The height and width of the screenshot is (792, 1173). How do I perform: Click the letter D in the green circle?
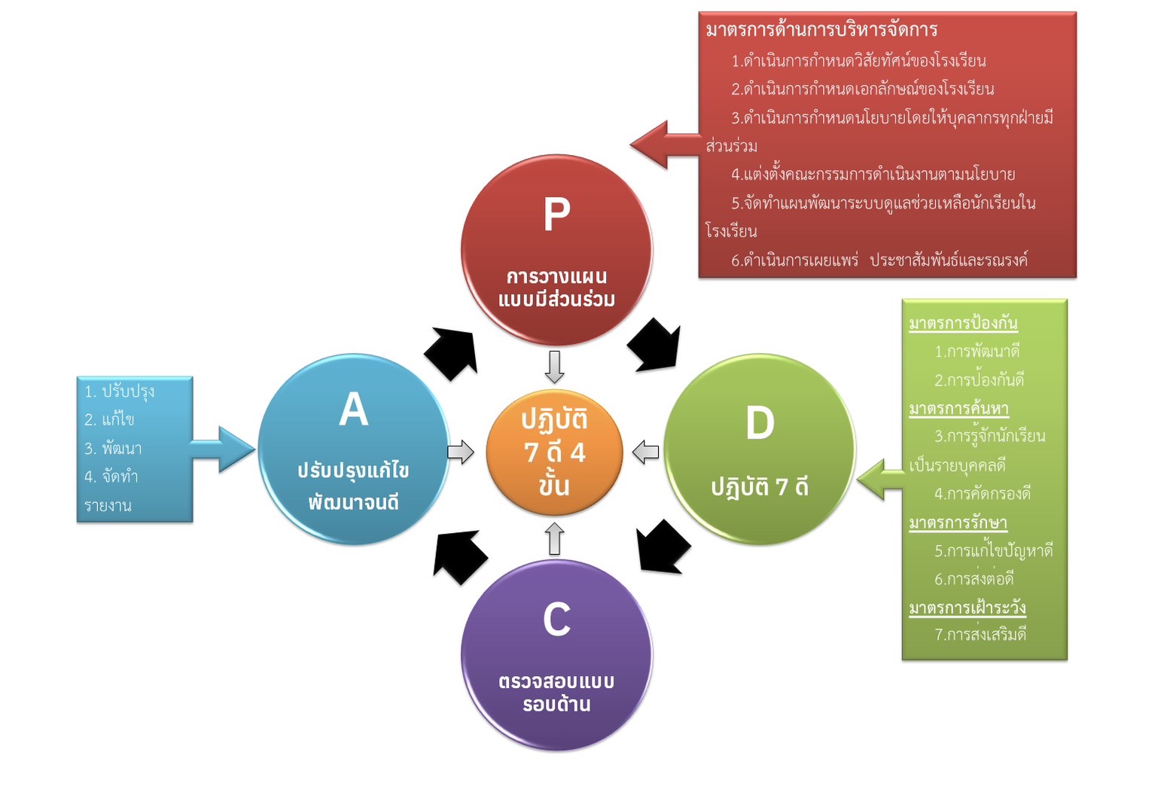760,423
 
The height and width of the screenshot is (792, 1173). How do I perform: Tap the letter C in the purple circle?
556,620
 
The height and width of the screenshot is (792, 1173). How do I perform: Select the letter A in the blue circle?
353,410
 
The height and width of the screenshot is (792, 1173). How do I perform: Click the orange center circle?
554,452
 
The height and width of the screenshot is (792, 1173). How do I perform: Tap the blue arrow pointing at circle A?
225,449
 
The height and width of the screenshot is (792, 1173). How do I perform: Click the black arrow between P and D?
655,346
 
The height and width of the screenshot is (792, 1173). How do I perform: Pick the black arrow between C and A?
459,556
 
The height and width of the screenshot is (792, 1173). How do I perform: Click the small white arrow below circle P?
555,367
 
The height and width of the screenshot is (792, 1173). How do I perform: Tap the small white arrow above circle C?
555,538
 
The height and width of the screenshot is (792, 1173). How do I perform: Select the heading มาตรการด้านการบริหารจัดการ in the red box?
821,30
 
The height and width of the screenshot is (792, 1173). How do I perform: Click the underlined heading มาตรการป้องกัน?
963,323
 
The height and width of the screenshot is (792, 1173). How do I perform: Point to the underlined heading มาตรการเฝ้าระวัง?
967,608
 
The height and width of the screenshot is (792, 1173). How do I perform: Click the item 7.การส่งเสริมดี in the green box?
980,635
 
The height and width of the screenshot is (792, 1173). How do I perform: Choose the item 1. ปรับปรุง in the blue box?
119,391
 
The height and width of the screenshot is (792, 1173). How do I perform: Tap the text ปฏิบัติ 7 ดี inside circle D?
760,487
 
